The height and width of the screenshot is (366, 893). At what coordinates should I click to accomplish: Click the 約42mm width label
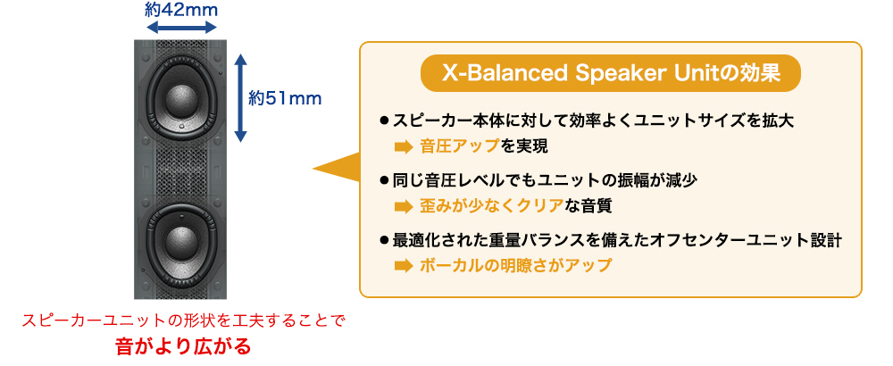(x=181, y=10)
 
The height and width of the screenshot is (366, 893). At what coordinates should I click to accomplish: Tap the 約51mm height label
(x=286, y=98)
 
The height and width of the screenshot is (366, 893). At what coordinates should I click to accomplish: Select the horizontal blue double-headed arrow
(x=181, y=27)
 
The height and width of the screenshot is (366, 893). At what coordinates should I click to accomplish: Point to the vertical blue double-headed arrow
(x=241, y=97)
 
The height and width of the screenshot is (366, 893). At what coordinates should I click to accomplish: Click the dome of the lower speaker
(x=181, y=241)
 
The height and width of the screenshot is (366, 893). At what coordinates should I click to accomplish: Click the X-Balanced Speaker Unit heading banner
(x=611, y=73)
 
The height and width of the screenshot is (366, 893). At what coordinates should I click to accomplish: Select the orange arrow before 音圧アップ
(x=403, y=147)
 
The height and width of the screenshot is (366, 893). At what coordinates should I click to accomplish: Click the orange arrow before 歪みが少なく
(x=403, y=206)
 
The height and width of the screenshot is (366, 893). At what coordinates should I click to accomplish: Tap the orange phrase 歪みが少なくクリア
(x=491, y=206)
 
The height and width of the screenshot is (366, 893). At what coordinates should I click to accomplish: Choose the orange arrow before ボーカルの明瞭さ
(x=403, y=266)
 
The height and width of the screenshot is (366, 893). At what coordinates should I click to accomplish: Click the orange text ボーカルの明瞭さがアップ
(x=515, y=265)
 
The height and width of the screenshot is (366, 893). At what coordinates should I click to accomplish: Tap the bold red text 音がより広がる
(x=183, y=346)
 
